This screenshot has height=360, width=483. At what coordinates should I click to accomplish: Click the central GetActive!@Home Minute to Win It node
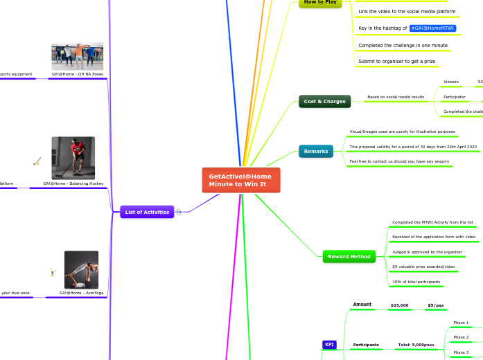coord(241,180)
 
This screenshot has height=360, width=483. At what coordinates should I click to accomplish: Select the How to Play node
coord(321,2)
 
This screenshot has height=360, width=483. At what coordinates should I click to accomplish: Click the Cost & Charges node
coord(324,102)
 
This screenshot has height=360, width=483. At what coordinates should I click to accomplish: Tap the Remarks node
coord(315,151)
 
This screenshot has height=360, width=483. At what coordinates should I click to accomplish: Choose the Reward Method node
coord(349,257)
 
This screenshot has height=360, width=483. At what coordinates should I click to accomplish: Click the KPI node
coord(328,344)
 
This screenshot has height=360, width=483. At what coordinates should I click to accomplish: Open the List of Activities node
coord(147,212)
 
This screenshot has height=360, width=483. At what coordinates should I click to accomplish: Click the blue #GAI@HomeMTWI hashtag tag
coord(432,28)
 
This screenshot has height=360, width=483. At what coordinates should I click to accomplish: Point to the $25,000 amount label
coord(399,305)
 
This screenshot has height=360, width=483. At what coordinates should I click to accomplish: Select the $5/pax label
coord(435,305)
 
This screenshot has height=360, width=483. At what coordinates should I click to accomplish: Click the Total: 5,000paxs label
coord(416,345)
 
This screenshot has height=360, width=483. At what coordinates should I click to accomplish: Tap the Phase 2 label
coord(461,337)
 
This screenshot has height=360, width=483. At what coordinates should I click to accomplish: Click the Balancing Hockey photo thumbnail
coord(73,158)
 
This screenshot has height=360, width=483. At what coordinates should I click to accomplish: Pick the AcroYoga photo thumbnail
coord(81,269)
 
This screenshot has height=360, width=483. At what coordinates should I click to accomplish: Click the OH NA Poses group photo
coord(77,56)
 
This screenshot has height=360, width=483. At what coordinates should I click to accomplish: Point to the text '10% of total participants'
coord(416,282)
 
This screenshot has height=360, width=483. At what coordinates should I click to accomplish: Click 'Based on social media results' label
coord(395,98)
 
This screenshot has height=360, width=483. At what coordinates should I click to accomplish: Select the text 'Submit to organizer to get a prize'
coord(396,62)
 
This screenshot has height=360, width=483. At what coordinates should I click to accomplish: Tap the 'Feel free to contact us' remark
coord(399,161)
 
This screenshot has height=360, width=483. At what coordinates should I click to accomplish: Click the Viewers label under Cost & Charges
coord(450,82)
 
